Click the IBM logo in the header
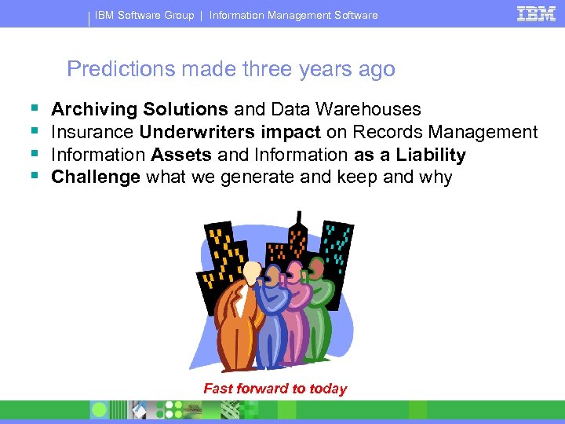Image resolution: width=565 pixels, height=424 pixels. [537, 14]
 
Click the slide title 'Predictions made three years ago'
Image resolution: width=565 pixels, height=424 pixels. [231, 69]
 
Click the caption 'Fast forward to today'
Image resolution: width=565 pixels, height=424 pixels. [275, 389]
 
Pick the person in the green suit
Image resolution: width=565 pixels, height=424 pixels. [323, 310]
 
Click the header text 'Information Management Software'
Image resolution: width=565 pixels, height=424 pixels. [293, 15]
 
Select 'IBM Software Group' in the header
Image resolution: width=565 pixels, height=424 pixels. [145, 15]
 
